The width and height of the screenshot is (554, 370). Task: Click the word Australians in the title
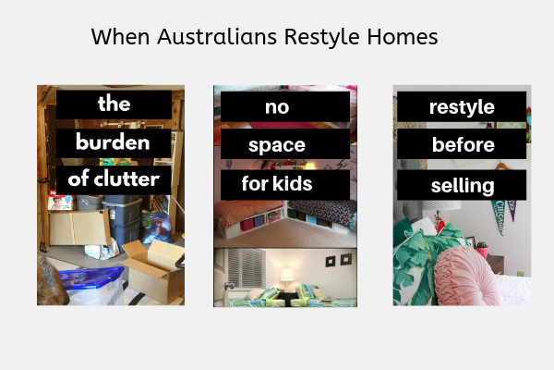217,36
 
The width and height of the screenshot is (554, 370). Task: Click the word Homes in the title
403,36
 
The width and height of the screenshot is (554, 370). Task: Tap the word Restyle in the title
321,37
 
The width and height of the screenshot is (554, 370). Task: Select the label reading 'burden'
114,143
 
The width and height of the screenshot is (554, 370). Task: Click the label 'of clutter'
114,179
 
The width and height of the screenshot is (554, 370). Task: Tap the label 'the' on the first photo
114,105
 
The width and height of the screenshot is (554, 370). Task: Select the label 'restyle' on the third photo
462,106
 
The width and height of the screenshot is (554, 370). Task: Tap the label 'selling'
462,185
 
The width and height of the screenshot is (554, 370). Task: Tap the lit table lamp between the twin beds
287,278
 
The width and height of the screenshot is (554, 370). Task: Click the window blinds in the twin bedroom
247,267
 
